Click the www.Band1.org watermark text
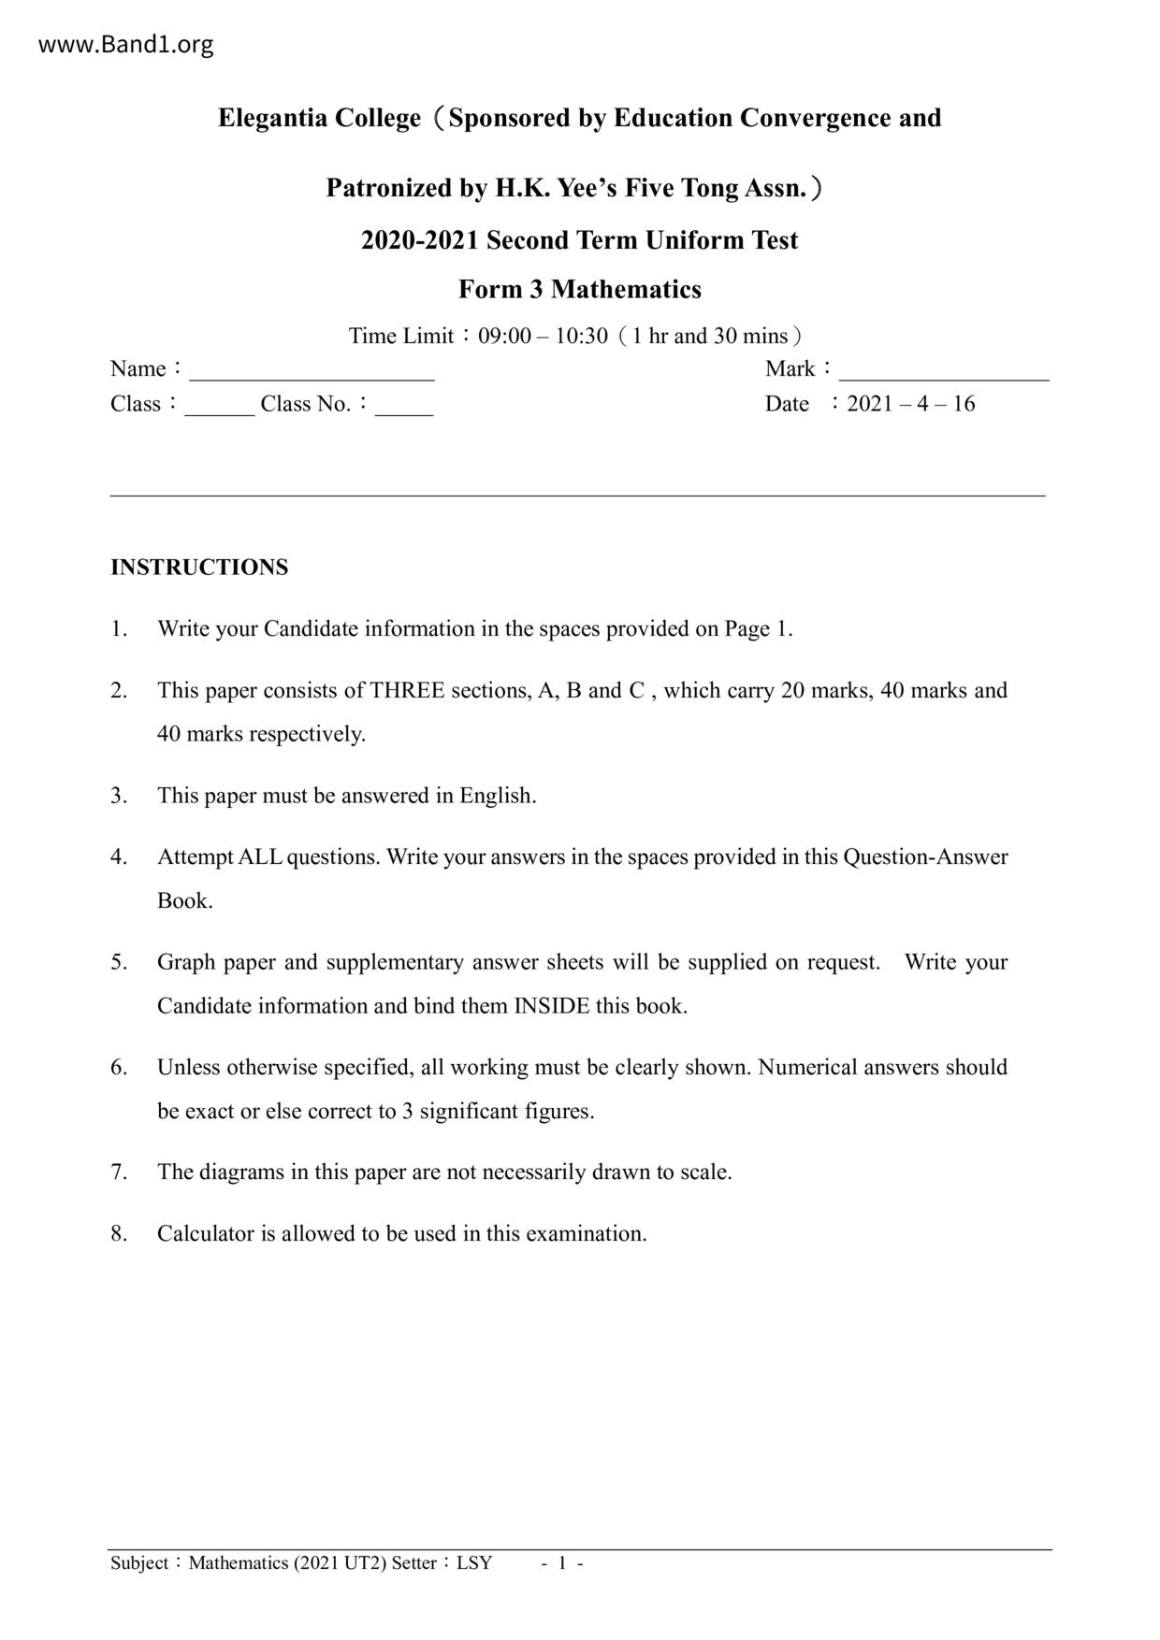(x=125, y=44)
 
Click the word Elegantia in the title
(x=273, y=119)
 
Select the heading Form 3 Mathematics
(x=579, y=290)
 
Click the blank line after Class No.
(x=403, y=410)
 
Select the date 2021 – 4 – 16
(x=910, y=404)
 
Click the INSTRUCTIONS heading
(x=199, y=568)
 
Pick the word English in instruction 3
(x=497, y=796)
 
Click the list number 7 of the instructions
(x=118, y=1172)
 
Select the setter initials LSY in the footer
(x=474, y=1563)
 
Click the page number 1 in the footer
(x=562, y=1563)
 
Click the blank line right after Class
(x=219, y=410)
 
